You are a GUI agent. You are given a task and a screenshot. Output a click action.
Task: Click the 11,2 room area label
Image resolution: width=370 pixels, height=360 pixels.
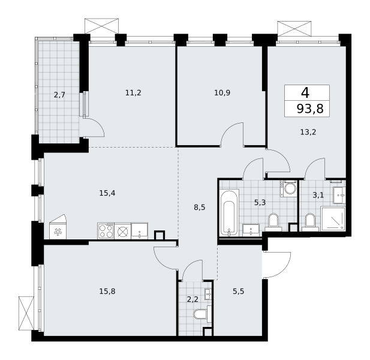[133, 93]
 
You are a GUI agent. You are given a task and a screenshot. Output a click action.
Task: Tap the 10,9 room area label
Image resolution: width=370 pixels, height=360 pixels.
[222, 93]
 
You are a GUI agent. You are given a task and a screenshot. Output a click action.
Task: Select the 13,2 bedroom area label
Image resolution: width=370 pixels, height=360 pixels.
[308, 132]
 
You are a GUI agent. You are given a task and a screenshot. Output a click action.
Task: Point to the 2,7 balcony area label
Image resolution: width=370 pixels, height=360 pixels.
[59, 95]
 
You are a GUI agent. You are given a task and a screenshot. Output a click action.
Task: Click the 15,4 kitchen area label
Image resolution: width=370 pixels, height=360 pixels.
[107, 193]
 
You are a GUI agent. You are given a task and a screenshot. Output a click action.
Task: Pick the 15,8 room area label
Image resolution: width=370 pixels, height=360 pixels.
[107, 292]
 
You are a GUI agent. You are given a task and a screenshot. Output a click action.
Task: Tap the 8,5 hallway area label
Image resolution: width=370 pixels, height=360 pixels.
[200, 207]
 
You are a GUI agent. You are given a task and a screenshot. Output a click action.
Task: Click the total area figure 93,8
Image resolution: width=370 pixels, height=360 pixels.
[310, 109]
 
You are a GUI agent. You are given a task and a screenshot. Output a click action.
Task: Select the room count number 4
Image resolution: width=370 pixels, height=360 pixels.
[305, 92]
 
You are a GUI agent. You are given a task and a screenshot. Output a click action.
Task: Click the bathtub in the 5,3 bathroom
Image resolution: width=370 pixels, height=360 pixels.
[229, 212]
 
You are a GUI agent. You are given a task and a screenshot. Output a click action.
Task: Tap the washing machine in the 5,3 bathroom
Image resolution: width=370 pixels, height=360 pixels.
[288, 188]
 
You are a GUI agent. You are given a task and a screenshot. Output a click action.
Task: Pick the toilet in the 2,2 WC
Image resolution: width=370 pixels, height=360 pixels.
[203, 314]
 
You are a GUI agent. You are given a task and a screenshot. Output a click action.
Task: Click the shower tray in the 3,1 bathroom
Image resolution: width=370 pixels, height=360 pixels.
[333, 218]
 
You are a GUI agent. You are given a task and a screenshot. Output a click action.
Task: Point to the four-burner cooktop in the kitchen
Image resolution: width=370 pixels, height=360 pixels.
[106, 231]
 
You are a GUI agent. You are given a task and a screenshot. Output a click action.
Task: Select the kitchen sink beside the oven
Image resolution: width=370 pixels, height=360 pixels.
[140, 231]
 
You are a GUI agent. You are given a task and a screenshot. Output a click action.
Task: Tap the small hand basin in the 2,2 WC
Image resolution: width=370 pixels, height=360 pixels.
[208, 294]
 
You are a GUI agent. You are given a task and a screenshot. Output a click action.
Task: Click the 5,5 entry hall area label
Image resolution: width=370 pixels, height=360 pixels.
[238, 292]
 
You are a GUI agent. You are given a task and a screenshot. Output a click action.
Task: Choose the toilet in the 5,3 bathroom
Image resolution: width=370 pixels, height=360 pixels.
[273, 222]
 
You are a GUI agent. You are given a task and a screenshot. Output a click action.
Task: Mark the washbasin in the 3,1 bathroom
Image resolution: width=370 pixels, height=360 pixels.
[339, 195]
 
